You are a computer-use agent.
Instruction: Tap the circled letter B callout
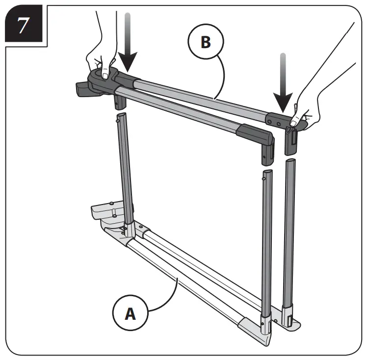(206, 42)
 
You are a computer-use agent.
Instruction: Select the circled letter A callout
(130, 313)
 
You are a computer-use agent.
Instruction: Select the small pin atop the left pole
(117, 117)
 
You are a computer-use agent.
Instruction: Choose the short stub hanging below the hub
(119, 102)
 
